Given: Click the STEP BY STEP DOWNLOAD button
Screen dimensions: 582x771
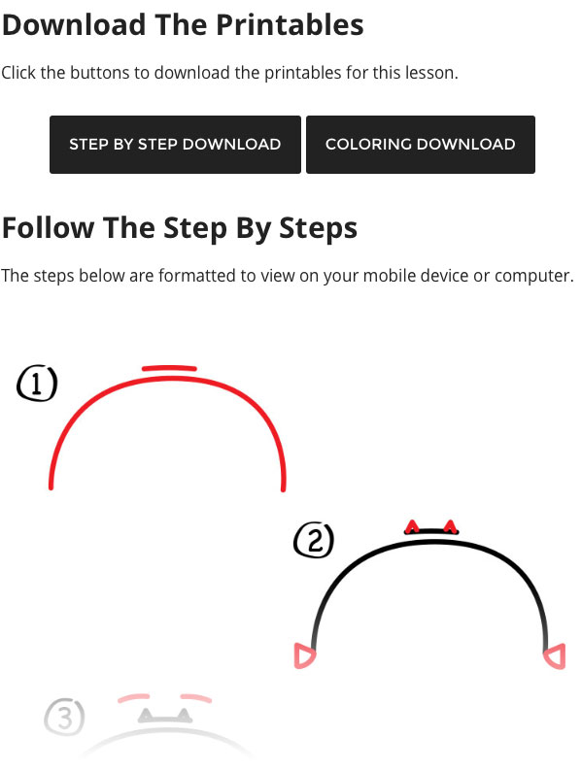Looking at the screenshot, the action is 175,145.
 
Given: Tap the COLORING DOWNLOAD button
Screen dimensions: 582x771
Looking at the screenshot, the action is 421,145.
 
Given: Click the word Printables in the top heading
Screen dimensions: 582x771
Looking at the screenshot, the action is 290,25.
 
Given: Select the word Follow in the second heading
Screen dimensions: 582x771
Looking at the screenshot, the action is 49,228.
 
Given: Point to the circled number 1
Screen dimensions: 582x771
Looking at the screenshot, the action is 37,384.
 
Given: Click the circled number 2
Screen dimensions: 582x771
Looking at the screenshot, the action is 314,540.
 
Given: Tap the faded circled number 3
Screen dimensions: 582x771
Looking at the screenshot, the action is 64,717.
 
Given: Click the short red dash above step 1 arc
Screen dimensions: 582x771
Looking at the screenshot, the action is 169,368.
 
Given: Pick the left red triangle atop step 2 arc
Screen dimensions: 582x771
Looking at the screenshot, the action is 412,527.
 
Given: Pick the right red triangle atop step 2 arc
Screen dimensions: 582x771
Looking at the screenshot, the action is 450,526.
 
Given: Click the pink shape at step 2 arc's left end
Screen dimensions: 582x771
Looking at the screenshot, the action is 304,655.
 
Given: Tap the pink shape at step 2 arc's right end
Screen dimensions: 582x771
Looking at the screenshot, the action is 555,656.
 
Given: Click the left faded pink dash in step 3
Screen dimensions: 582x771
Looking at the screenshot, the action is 133,697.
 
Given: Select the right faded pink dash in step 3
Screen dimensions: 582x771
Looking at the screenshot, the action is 196,698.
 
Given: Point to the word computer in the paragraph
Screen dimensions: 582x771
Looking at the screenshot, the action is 533,277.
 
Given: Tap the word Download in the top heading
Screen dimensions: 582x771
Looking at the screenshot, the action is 74,25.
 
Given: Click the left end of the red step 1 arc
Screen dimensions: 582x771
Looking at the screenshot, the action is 51,486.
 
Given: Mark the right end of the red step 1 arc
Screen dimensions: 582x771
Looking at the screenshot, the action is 284,488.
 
